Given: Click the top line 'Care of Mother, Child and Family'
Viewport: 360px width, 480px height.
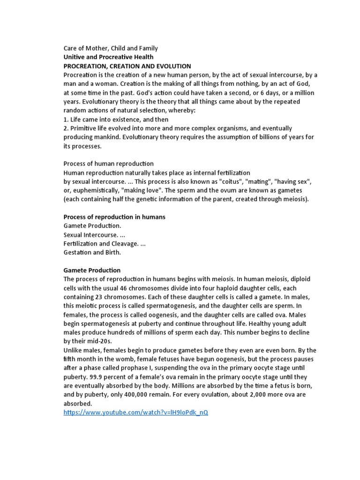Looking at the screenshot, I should (111, 48).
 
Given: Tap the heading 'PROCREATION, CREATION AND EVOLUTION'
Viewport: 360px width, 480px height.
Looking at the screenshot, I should (127, 66).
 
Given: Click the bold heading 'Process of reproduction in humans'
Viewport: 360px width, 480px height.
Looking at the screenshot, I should (114, 217).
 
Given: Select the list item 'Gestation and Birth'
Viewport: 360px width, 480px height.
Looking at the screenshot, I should (92, 252).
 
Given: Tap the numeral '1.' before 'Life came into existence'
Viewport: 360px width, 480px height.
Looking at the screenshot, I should (66, 119).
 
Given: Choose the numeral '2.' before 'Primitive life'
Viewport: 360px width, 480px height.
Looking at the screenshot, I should (66, 128).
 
